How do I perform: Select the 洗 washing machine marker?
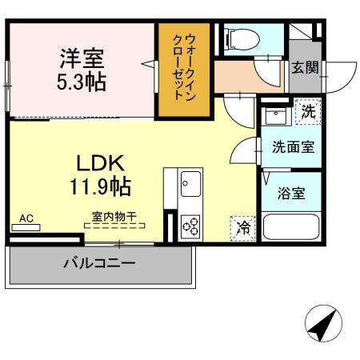[x=308, y=112]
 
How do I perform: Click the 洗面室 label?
[x=292, y=147]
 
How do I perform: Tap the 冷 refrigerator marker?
[x=242, y=228]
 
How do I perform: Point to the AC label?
[x=26, y=217]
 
